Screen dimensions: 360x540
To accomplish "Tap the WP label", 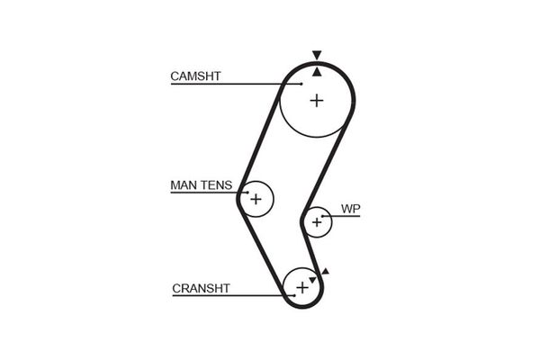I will tap(350, 209).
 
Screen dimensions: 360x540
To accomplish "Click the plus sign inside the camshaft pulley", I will tap(316, 101).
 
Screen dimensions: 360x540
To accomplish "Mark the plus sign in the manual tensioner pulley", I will tap(256, 198).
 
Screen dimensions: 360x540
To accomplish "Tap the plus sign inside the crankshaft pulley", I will tap(301, 288).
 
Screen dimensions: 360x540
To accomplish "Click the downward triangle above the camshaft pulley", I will tap(316, 56).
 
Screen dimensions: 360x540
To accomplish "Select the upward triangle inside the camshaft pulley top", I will tap(317, 70).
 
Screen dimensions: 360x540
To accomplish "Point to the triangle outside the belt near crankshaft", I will tap(325, 271).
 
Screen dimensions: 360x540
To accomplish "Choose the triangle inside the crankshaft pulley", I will tap(312, 280).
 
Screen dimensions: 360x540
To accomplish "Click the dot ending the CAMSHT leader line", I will tap(302, 84).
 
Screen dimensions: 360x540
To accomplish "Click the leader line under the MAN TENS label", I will tap(202, 193).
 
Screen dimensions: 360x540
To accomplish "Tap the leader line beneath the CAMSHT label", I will tap(234, 84).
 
